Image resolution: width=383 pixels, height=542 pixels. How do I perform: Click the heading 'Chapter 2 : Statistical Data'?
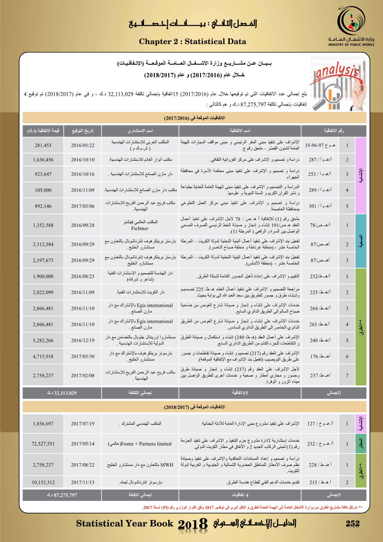pyautogui.click(x=193, y=42)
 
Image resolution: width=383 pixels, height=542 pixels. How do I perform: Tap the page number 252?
pyautogui.click(x=353, y=523)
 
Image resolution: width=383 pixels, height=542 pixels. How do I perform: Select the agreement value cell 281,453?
pyautogui.click(x=43, y=146)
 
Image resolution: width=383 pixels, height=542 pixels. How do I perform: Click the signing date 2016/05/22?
pyautogui.click(x=82, y=146)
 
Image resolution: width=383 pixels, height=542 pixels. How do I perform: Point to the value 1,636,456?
pyautogui.click(x=43, y=160)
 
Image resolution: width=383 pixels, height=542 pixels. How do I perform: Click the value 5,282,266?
pyautogui.click(x=43, y=340)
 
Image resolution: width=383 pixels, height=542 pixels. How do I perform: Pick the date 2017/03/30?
pyautogui.click(x=82, y=356)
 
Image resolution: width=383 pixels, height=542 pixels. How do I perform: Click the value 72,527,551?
pyautogui.click(x=43, y=444)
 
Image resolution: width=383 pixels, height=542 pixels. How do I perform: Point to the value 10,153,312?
pyautogui.click(x=43, y=482)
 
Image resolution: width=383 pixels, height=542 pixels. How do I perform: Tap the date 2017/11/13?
pyautogui.click(x=82, y=482)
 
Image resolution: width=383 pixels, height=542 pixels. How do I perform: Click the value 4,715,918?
pyautogui.click(x=43, y=356)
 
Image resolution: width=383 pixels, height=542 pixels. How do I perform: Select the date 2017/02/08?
pyautogui.click(x=82, y=375)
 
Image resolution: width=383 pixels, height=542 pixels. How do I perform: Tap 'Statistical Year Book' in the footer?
pyautogui.click(x=124, y=523)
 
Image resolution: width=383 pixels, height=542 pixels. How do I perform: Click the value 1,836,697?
pyautogui.click(x=43, y=424)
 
